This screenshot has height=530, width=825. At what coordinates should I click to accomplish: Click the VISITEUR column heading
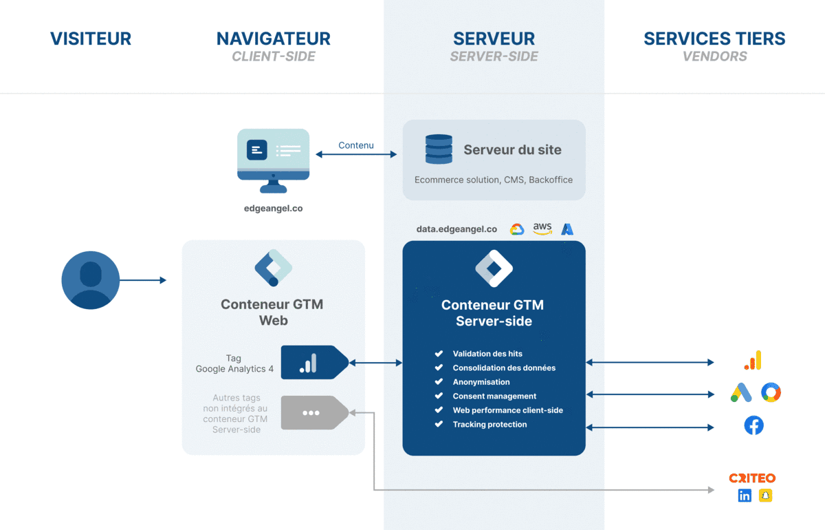pos(90,39)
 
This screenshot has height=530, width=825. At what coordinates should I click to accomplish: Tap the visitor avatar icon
pos(90,280)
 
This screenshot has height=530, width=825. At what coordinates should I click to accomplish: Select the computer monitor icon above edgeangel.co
pos(273,160)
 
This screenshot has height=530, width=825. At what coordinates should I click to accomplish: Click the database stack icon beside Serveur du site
pos(439,149)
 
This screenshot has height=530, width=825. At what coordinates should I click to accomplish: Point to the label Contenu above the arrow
pos(356,145)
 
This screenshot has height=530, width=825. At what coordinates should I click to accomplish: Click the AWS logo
pos(542,229)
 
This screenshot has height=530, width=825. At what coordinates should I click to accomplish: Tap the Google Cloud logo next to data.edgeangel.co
pos(517,229)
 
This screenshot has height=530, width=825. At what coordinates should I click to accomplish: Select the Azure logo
pos(567,229)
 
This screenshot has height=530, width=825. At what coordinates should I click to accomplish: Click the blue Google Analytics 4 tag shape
pos(313,363)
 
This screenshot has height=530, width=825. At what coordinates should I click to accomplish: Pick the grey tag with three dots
pos(313,413)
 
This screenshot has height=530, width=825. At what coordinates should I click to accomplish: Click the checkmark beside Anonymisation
pos(439,382)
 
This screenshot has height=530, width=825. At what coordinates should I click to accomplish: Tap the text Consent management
pos(494,396)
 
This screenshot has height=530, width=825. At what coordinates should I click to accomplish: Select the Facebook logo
pos(753,425)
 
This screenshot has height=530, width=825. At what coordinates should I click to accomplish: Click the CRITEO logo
pos(752,478)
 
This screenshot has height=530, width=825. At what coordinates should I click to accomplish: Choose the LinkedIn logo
pos(745,496)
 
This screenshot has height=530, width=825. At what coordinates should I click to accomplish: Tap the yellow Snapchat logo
pos(765,496)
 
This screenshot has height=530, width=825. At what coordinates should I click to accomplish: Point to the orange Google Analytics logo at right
pos(753,360)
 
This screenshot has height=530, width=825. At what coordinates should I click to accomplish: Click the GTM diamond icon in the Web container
pos(273,268)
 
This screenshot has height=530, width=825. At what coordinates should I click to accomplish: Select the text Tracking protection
pos(489,425)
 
